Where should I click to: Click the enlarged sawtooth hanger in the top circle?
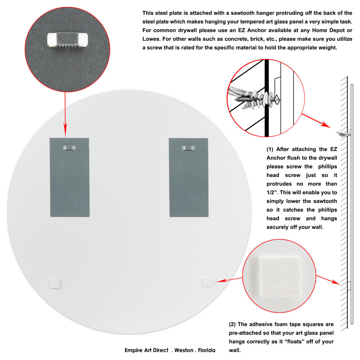point(68,40)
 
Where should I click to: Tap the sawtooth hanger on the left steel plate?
point(69,148)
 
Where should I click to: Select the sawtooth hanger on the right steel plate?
point(188,148)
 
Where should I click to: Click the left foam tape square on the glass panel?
point(55,283)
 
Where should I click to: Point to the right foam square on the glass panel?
point(208,282)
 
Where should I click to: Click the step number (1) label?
point(270,149)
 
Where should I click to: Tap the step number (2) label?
point(232,324)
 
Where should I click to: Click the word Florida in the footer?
point(207,350)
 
